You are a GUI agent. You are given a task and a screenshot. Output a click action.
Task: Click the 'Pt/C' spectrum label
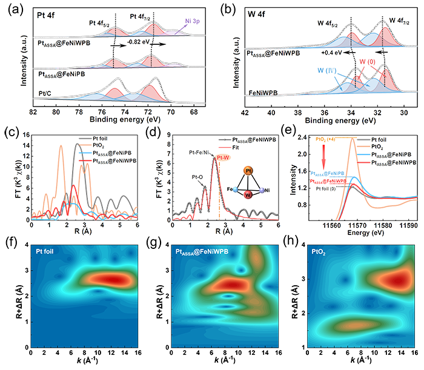pyautogui.click(x=43, y=94)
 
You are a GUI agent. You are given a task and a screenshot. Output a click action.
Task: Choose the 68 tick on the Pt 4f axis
pyautogui.click(x=193, y=111)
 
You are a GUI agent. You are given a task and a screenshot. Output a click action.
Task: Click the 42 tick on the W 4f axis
pyautogui.click(x=244, y=111)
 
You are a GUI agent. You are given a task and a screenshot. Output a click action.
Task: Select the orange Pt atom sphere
pyautogui.click(x=248, y=171)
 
